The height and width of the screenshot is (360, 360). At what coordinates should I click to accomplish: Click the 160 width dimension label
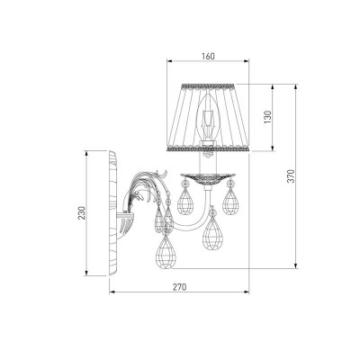pyautogui.click(x=208, y=56)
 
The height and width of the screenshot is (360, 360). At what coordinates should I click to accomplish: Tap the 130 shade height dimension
pyautogui.click(x=267, y=117)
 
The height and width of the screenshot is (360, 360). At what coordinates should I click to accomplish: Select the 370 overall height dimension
pyautogui.click(x=291, y=176)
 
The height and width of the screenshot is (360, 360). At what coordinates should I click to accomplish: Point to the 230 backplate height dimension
pyautogui.click(x=82, y=212)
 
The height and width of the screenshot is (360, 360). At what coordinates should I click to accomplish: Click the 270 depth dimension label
pyautogui.click(x=179, y=287)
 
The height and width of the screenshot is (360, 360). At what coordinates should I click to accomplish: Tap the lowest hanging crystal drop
pyautogui.click(x=166, y=251)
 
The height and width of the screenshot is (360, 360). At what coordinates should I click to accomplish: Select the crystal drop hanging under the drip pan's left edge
pyautogui.click(x=185, y=199)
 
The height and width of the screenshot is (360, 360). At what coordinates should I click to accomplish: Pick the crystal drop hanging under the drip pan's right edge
pyautogui.click(x=230, y=201)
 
